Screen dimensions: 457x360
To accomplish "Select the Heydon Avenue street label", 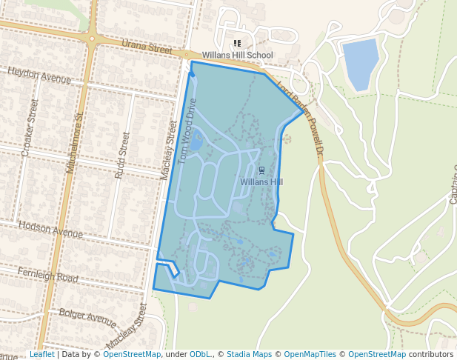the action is [39, 75].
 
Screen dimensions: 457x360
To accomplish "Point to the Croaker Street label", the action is [30, 128].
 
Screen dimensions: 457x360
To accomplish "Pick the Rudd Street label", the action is [123, 155].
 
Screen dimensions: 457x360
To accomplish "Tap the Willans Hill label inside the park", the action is [261, 181].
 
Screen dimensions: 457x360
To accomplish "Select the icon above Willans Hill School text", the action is [237, 44].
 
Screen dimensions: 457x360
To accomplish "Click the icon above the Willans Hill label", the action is [261, 170].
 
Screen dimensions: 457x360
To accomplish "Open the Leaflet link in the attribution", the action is [41, 355].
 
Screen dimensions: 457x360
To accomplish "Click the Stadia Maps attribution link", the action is [249, 355].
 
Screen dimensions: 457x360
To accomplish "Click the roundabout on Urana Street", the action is [92, 38].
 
